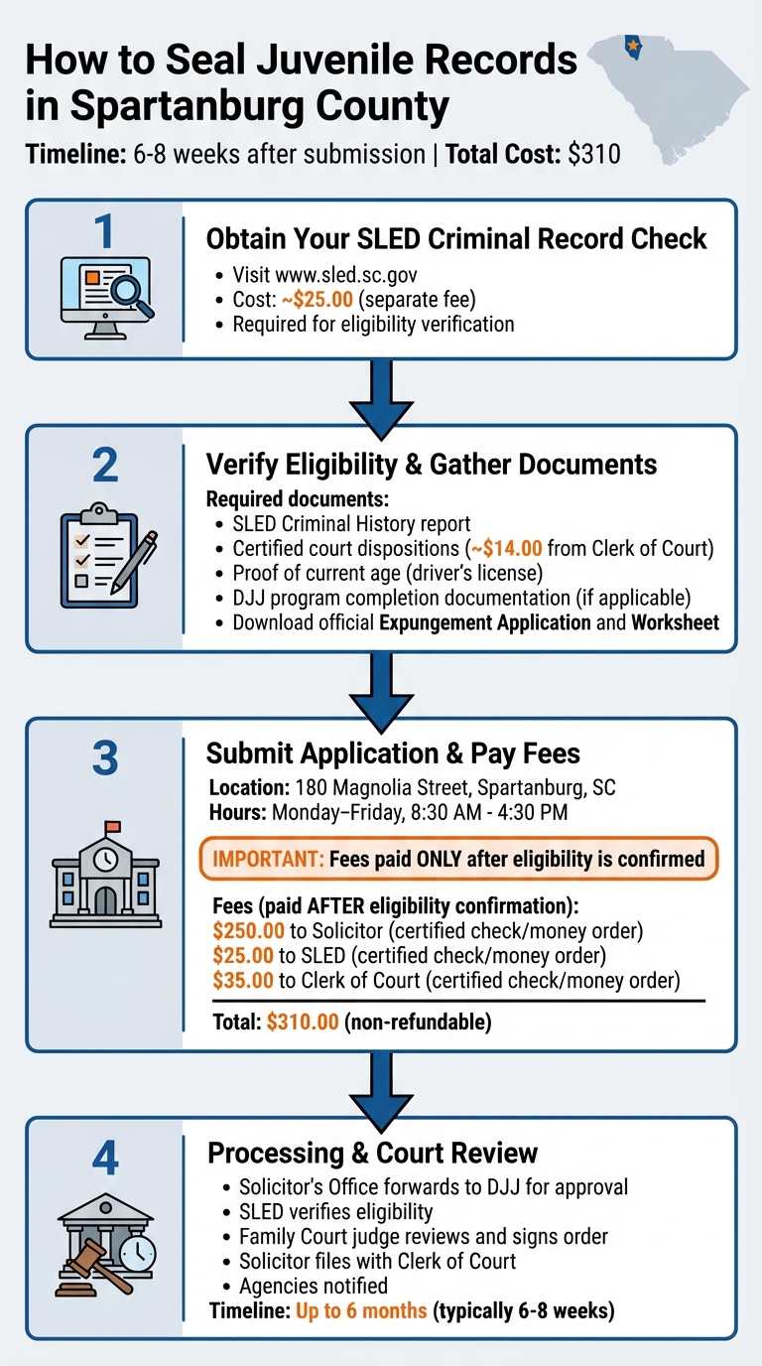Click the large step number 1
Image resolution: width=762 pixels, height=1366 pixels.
(x=104, y=231)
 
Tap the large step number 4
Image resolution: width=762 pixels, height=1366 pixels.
(x=104, y=1158)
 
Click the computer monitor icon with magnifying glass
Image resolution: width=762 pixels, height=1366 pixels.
(x=105, y=291)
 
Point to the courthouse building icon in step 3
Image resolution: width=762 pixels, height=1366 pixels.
(x=105, y=876)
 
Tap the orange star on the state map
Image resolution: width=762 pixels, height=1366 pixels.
(x=632, y=45)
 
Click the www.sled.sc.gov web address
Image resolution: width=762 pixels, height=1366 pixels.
(x=316, y=275)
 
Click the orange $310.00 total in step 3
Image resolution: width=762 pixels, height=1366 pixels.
(x=304, y=1022)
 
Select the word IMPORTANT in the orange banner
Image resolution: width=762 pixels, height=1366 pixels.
(x=263, y=858)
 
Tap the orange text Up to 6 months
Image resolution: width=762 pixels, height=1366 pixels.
(x=361, y=1310)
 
